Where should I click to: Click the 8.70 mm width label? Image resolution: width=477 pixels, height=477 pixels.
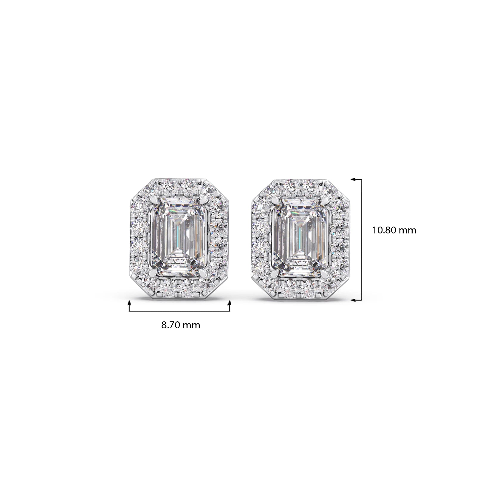click(x=181, y=325)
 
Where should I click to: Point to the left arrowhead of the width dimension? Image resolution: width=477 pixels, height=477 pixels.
click(x=129, y=303)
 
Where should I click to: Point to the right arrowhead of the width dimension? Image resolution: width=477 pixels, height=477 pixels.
click(x=230, y=303)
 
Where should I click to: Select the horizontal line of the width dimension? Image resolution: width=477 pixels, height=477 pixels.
click(x=179, y=311)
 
